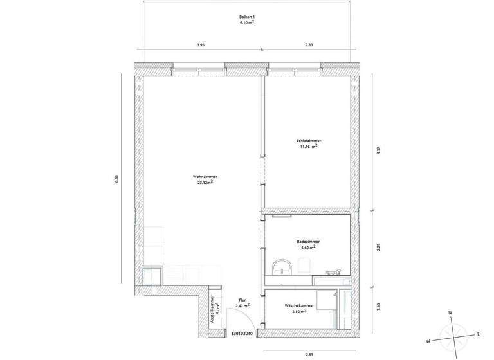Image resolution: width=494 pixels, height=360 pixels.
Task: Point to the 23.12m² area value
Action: [x=205, y=183]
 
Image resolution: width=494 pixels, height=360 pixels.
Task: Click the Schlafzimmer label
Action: [x=309, y=140]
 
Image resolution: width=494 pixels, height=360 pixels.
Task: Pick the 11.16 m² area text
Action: [x=308, y=146]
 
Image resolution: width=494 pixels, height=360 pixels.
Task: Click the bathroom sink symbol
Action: [x=281, y=265]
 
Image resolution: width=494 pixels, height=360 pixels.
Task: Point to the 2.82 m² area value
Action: [x=298, y=311]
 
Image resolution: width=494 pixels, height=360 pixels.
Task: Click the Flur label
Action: [x=242, y=300]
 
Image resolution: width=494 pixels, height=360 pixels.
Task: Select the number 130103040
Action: [x=242, y=334]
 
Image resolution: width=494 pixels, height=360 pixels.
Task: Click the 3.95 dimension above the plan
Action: [x=201, y=45]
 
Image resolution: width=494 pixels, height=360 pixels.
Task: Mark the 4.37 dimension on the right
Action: [x=379, y=152]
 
